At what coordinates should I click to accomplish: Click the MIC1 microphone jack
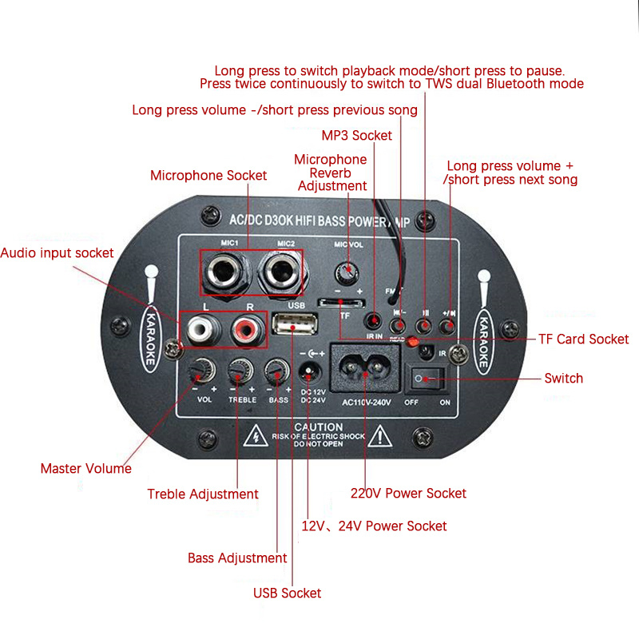point(220,274)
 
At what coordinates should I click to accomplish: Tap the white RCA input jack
point(199,327)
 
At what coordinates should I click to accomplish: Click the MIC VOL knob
point(346,268)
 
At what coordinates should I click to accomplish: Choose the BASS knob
point(277,371)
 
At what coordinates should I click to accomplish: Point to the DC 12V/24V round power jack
point(309,371)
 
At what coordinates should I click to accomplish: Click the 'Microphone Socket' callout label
point(208,175)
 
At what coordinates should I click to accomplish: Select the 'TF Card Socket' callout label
point(583,339)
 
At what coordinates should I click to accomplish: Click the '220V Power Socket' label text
point(408,493)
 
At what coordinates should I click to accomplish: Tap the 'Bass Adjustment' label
point(237,558)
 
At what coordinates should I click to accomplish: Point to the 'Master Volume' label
point(85,468)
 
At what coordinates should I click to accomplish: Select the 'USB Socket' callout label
point(287,593)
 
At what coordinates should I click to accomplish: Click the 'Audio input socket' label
point(57,252)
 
